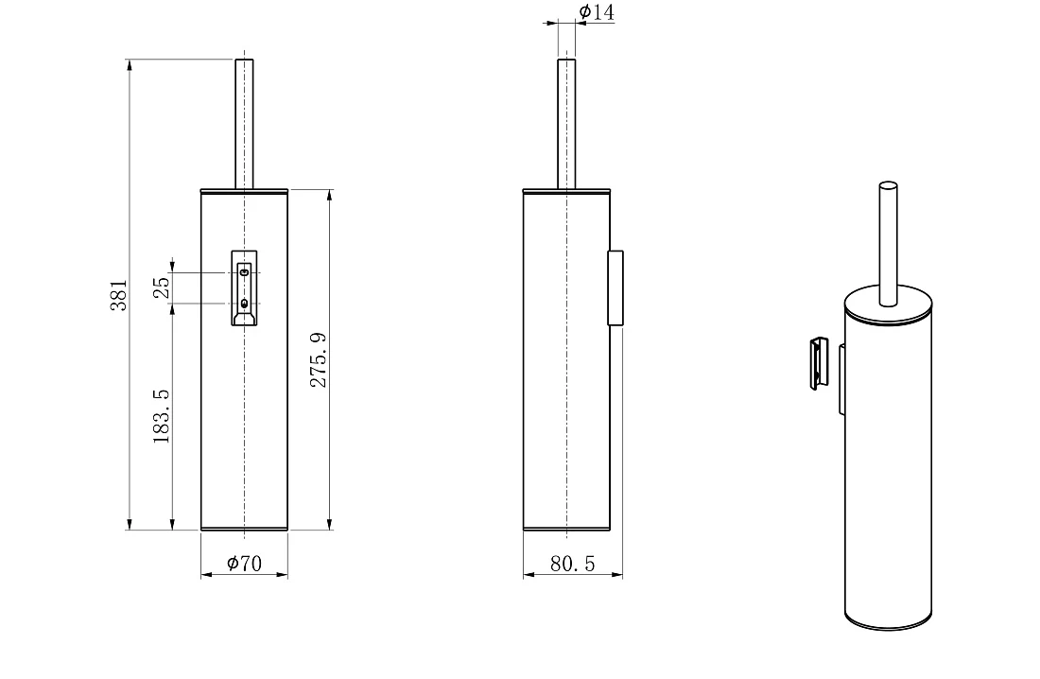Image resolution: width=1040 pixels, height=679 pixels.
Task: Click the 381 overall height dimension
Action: point(119,295)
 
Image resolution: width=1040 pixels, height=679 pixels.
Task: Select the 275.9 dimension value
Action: point(319,359)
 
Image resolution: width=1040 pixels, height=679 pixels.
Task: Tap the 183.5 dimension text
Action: point(161,416)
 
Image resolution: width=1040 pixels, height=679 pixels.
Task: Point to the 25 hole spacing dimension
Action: point(161,287)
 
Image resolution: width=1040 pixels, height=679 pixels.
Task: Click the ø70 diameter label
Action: point(244,564)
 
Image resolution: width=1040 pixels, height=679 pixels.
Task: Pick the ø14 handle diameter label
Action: point(597,12)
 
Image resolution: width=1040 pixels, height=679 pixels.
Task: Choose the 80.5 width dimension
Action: point(572,564)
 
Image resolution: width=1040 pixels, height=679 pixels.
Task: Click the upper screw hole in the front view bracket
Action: point(244,272)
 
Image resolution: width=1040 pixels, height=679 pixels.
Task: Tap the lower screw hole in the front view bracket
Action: point(244,304)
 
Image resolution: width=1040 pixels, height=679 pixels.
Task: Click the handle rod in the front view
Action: point(244,124)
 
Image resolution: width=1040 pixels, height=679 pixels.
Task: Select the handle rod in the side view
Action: point(566,124)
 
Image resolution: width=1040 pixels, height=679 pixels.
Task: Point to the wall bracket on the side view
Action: point(615,288)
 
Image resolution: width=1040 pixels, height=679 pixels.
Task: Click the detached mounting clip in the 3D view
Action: point(819,363)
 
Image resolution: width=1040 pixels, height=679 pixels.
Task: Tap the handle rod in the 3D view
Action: point(888,244)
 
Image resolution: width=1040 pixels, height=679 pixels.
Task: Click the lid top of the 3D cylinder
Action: point(888,304)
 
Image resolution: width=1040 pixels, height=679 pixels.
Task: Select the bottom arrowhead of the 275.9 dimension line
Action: point(330,524)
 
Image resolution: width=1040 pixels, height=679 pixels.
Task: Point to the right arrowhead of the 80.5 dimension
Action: point(616,575)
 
